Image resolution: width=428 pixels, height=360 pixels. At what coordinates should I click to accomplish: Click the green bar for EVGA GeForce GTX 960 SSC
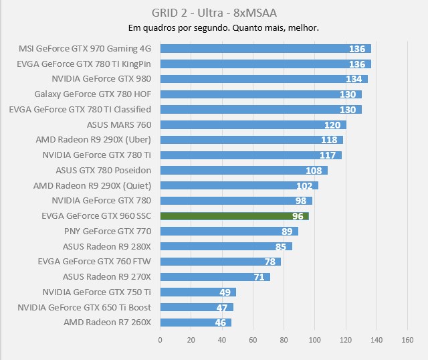[234, 216]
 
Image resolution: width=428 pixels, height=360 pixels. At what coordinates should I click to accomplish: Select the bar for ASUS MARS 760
[253, 125]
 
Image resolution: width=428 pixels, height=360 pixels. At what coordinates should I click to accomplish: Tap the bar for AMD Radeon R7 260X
[196, 323]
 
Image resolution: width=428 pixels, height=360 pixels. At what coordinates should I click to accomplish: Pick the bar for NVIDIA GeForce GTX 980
[263, 79]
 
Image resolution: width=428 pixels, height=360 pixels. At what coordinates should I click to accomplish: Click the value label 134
[354, 79]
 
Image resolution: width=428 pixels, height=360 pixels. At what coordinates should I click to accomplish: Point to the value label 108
[314, 171]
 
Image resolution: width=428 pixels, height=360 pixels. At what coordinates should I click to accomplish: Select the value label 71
[259, 277]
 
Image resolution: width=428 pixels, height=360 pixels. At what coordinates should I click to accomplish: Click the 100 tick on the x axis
[315, 340]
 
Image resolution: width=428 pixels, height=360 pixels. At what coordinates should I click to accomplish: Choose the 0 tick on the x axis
[160, 340]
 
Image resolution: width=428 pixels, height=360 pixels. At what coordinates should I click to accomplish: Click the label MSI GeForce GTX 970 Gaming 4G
[85, 49]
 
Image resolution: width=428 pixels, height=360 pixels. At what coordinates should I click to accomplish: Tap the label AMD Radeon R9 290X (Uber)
[93, 140]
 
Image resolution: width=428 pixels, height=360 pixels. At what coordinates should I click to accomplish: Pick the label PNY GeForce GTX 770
[108, 231]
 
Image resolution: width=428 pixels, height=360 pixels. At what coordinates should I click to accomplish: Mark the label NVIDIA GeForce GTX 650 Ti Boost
[84, 307]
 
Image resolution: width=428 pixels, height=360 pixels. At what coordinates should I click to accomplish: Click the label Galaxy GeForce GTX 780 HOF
[92, 94]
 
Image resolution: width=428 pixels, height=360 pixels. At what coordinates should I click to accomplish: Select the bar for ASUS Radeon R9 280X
[226, 246]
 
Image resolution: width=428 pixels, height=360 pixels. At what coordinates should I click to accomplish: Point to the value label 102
[305, 186]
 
